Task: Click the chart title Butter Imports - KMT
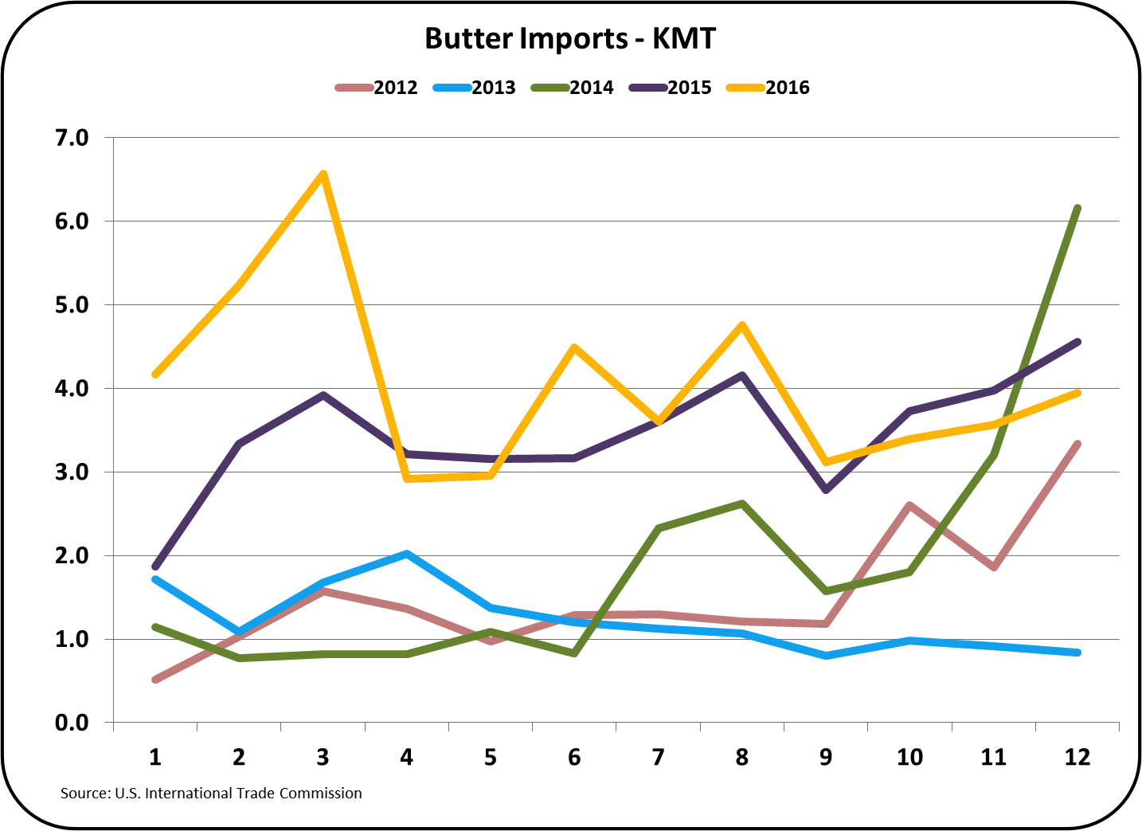[570, 39]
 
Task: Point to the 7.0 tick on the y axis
[72, 138]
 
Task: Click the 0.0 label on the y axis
[72, 723]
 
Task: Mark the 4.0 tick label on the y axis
[72, 389]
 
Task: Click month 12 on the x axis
[1077, 757]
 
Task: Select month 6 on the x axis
[574, 757]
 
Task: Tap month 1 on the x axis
[155, 757]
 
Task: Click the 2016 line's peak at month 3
[323, 174]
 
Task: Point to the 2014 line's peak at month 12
[1077, 209]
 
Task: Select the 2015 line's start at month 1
[155, 567]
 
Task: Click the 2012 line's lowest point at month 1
[155, 680]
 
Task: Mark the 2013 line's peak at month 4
[407, 554]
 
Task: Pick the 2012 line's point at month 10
[909, 505]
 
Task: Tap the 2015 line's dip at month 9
[826, 490]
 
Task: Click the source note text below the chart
[211, 794]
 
